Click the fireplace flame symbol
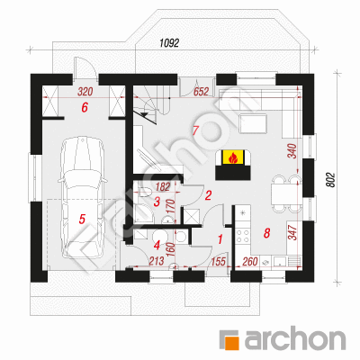tap(233, 157)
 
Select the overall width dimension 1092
tap(169, 43)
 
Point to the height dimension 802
tap(330, 179)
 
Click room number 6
tap(85, 107)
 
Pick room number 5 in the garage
tap(82, 219)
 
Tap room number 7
tap(195, 130)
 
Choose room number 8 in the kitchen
tap(266, 233)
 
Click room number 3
tap(157, 202)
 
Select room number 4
tap(157, 246)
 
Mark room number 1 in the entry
tap(220, 239)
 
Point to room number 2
tap(208, 195)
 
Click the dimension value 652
tap(201, 92)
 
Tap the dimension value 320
tap(85, 92)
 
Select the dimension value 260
tap(250, 262)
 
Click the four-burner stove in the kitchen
tap(243, 236)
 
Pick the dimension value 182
tap(163, 186)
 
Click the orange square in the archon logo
tap(233, 343)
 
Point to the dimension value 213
tap(157, 261)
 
